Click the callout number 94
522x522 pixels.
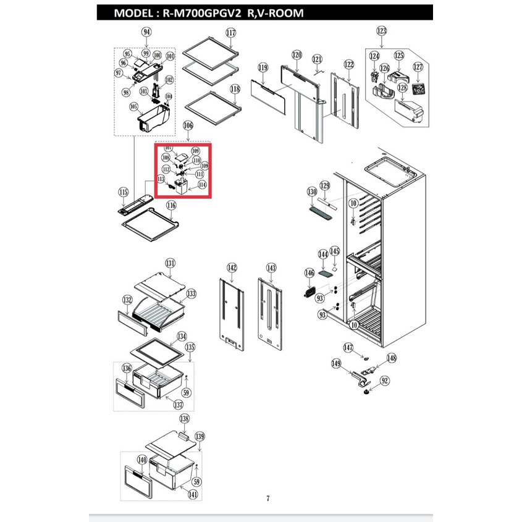coord(146,32)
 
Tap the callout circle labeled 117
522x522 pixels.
coord(231,33)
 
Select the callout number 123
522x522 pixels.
coord(381,30)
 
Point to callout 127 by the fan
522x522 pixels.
coord(418,67)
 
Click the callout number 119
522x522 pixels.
coord(263,67)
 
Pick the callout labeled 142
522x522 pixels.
coord(232,267)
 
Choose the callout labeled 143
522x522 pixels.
coord(271,267)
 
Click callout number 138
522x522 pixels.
coord(184,419)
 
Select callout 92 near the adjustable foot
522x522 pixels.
coord(384,381)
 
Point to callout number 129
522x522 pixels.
coord(325,185)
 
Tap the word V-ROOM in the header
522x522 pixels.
coord(280,13)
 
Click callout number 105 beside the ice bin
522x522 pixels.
coord(133,106)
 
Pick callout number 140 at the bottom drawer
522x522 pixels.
coord(141,460)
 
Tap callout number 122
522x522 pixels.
coord(349,64)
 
